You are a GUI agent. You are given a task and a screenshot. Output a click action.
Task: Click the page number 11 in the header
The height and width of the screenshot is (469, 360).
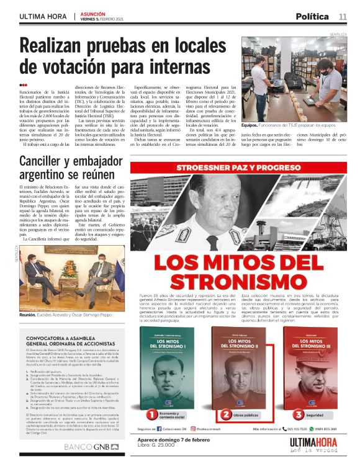click(x=342, y=16)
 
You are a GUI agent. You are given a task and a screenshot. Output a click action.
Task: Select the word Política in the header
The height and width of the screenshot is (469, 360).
click(x=312, y=16)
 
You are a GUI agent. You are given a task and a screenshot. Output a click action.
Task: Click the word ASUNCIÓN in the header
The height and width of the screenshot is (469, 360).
click(x=92, y=13)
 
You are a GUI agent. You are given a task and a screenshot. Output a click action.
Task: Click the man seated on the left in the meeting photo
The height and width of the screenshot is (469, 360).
click(x=46, y=280)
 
